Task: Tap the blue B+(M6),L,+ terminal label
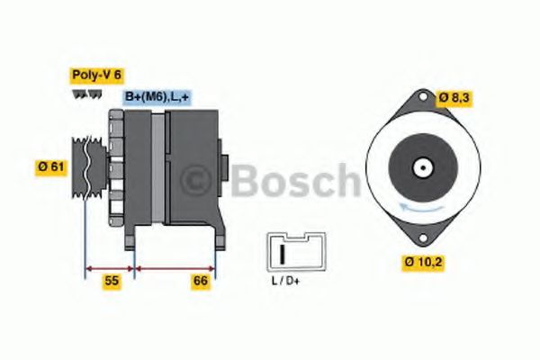click(x=157, y=96)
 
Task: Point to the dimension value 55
click(x=111, y=282)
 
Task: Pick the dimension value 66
click(x=201, y=282)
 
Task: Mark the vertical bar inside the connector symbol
click(x=283, y=253)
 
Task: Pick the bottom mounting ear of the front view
click(x=420, y=235)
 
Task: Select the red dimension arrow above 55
click(x=110, y=267)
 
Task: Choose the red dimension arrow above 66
click(x=175, y=267)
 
